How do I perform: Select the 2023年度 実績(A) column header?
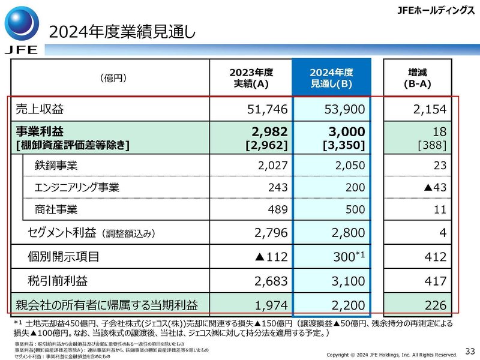coord(251,78)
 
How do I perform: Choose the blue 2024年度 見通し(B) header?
coord(331,78)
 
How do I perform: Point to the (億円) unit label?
coord(113,78)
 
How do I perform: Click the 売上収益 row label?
coord(39,110)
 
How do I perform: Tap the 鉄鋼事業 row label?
coord(56,165)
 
